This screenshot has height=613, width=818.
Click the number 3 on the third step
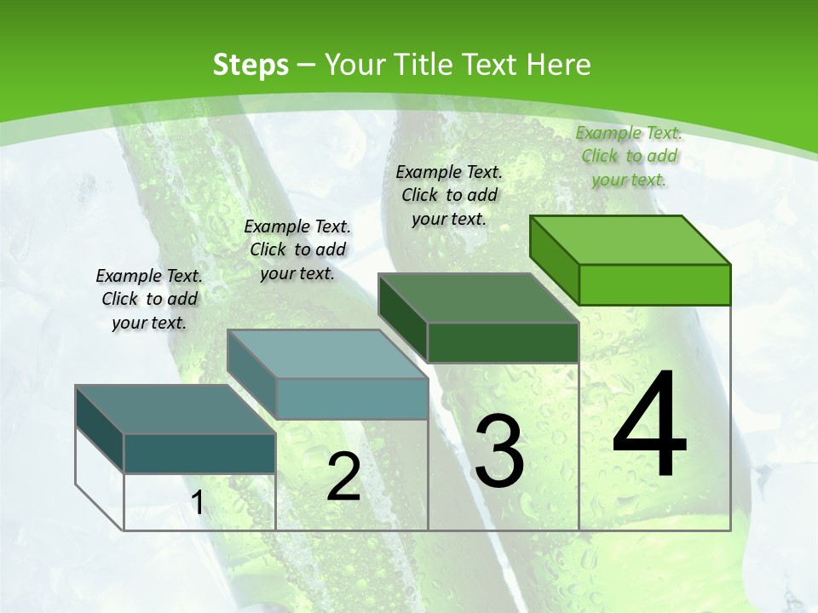pos(499,451)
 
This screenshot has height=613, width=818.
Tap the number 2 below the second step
pos(343,477)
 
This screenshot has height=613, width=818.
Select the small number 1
pos(198,503)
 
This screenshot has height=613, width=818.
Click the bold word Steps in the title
pos(251,65)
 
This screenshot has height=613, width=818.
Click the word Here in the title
pos(559,65)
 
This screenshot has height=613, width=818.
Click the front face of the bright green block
pos(654,284)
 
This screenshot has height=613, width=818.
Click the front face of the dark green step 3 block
pos(503,342)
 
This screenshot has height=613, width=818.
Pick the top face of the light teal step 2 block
pos(327,354)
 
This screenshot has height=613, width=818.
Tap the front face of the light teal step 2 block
pos(352,398)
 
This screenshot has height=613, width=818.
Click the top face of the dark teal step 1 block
pos(176,410)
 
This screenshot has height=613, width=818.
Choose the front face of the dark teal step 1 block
pos(199,453)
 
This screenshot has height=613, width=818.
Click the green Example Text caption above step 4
pos(629,156)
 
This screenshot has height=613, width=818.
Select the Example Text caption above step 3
pos(449,195)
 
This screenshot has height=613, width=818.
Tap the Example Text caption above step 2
pos(297,249)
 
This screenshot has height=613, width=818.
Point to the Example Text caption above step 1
pos(149,299)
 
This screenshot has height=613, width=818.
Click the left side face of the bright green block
pos(555,259)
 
